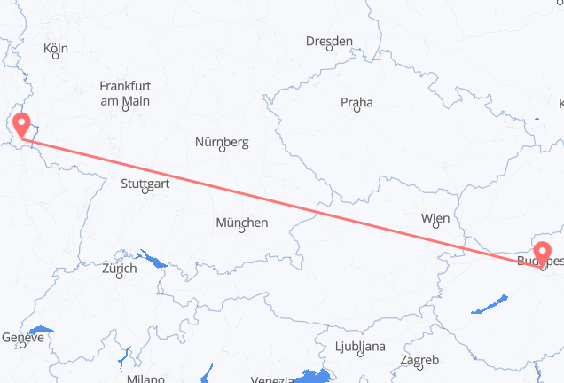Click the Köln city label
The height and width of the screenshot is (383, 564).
pyautogui.click(x=55, y=49)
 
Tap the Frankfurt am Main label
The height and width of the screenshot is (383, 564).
pyautogui.click(x=124, y=93)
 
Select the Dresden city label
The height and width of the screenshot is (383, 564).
pyautogui.click(x=328, y=41)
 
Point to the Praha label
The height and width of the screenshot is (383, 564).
pyautogui.click(x=356, y=103)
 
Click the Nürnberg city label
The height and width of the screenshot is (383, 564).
pyautogui.click(x=222, y=142)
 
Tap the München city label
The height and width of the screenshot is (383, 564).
pyautogui.click(x=241, y=223)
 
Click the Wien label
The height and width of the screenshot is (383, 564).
pyautogui.click(x=435, y=218)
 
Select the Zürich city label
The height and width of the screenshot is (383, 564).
pyautogui.click(x=119, y=268)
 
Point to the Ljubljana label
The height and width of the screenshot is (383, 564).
pyautogui.click(x=360, y=346)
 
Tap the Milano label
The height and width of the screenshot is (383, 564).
pyautogui.click(x=145, y=379)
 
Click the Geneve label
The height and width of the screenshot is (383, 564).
pyautogui.click(x=22, y=338)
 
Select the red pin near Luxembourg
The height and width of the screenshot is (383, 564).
pyautogui.click(x=20, y=123)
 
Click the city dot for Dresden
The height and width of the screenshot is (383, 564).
pyautogui.click(x=329, y=49)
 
